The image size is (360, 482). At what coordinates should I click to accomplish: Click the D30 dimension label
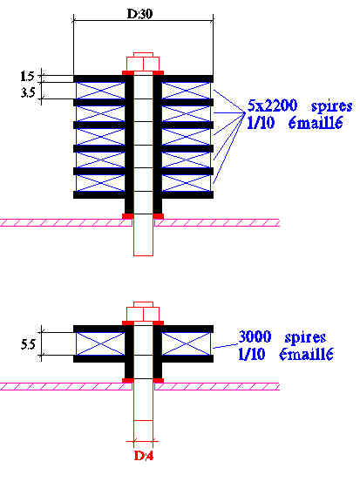click(139, 14)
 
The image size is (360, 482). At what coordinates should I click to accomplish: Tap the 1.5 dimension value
click(27, 76)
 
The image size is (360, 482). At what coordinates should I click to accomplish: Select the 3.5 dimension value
click(28, 92)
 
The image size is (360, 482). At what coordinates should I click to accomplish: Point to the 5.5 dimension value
click(28, 344)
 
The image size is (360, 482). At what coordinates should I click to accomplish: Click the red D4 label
click(144, 456)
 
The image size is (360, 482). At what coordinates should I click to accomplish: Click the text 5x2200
click(272, 105)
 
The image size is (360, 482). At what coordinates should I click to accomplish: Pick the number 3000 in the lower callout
click(255, 336)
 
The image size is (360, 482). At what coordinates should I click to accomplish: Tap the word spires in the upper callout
click(332, 106)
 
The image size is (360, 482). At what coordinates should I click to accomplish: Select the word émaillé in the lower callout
click(306, 354)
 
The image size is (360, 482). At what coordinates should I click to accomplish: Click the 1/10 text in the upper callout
click(261, 123)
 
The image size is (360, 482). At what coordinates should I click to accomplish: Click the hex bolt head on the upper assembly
click(143, 62)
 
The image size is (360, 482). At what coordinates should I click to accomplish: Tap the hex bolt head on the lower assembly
click(143, 311)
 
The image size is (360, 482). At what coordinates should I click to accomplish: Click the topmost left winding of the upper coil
click(100, 91)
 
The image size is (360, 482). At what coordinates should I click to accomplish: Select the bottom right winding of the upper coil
click(187, 183)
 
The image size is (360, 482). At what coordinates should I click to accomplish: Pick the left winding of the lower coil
click(100, 344)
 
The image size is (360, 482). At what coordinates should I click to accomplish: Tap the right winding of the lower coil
click(187, 344)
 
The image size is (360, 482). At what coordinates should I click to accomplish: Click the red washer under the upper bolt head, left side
click(128, 73)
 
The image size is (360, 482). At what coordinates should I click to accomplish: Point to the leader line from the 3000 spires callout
click(226, 346)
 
